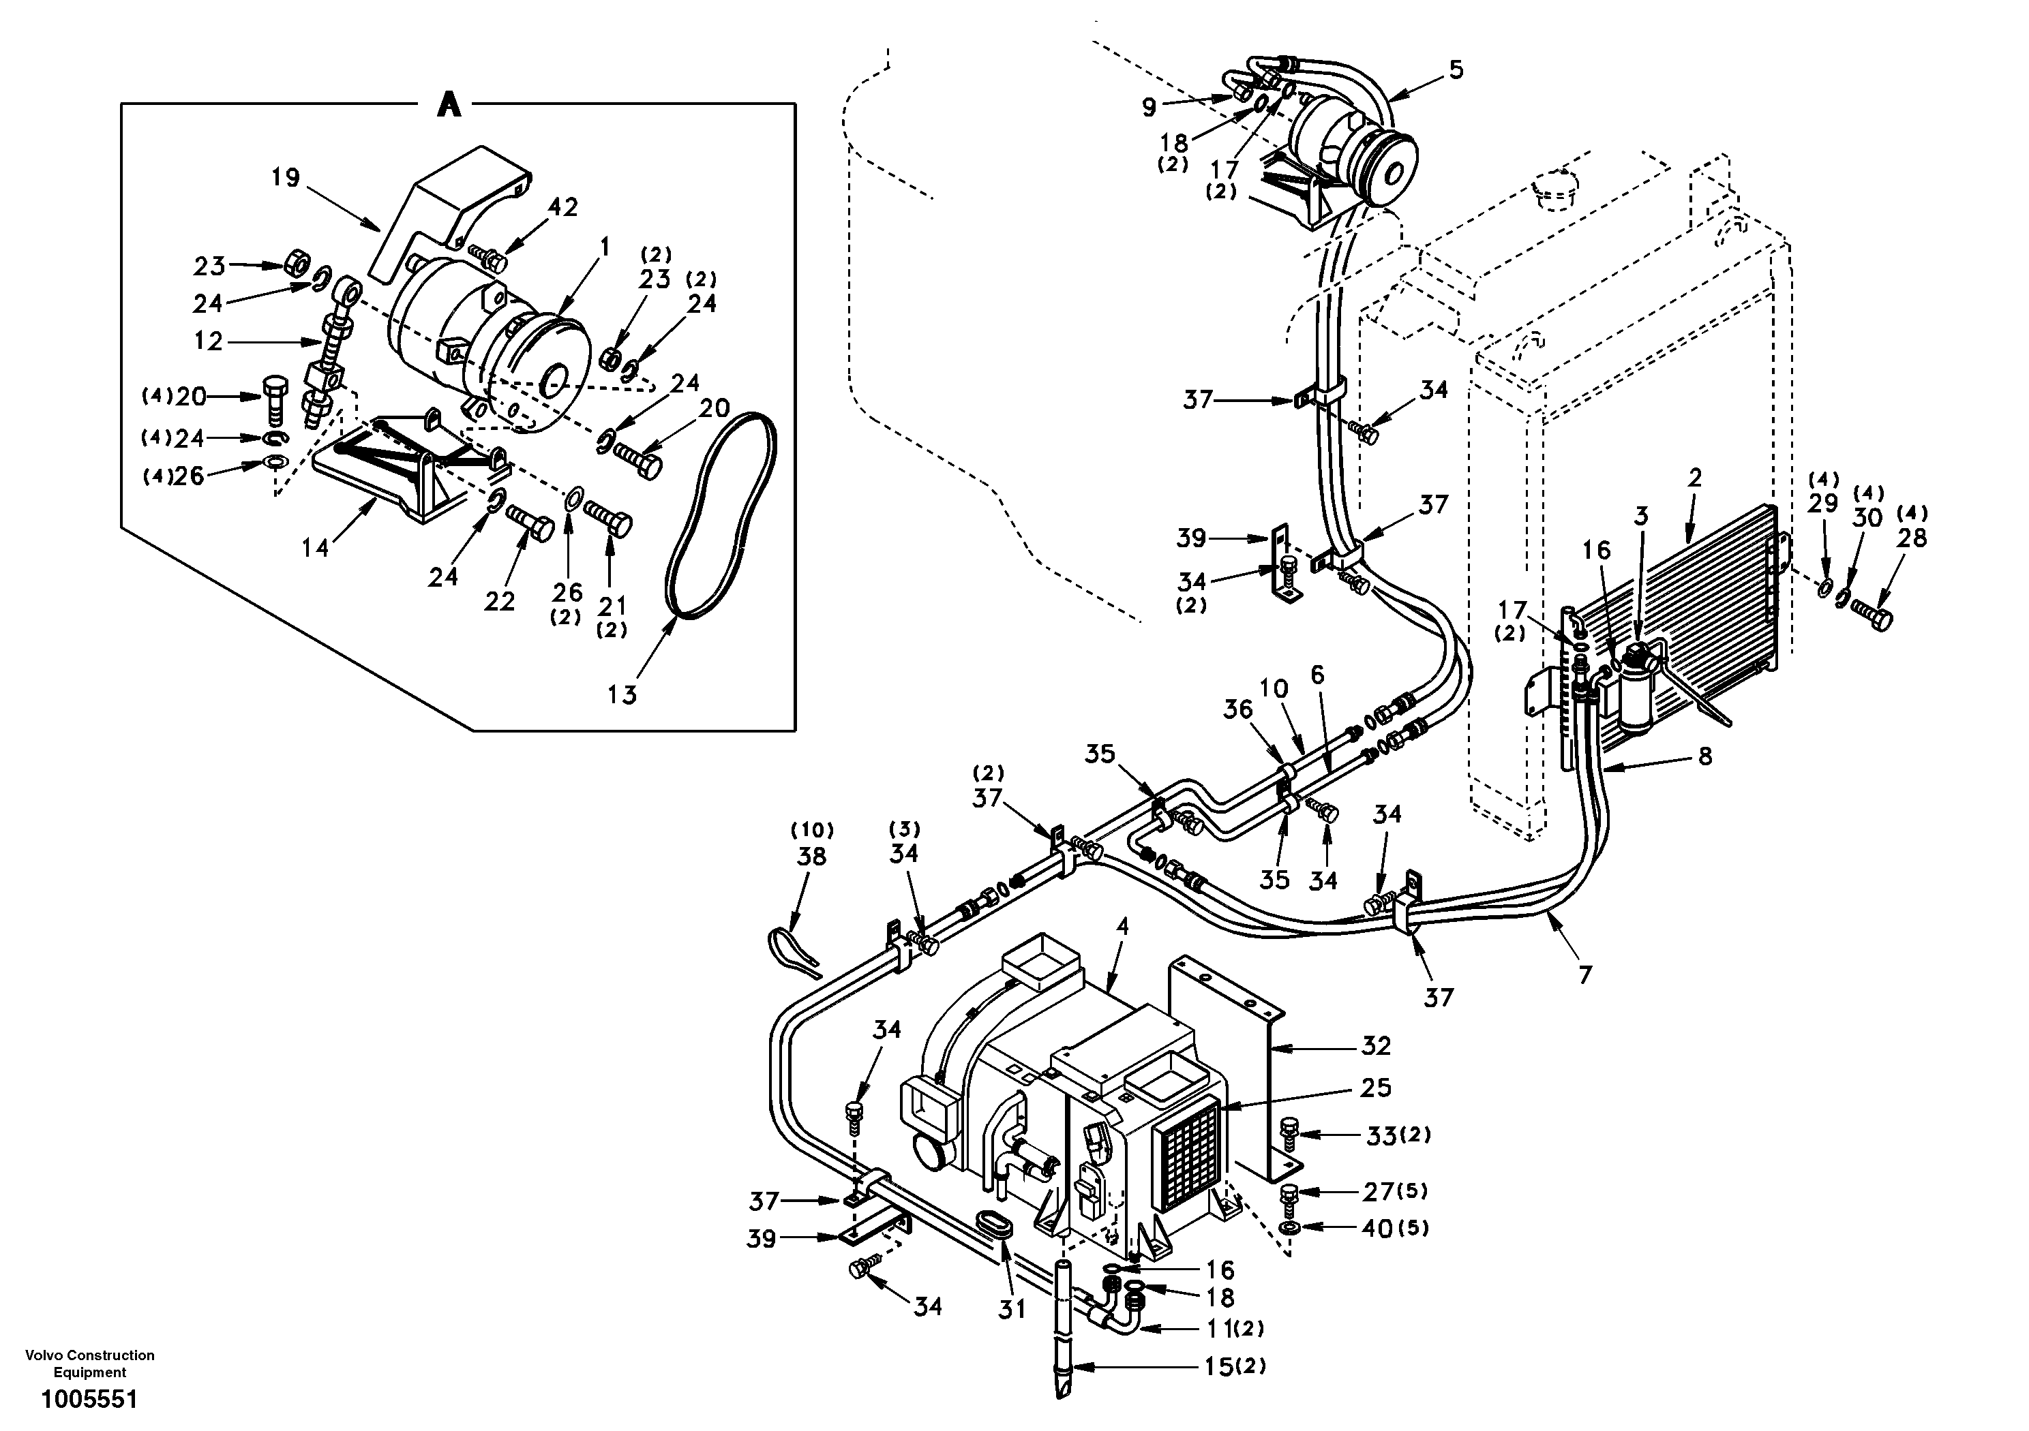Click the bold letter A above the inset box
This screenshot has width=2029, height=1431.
tap(449, 105)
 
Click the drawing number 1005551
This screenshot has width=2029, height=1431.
tap(89, 1400)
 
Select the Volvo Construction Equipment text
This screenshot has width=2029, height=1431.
tap(89, 1364)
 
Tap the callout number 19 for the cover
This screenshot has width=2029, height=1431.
tap(286, 178)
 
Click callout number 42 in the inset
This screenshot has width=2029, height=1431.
tap(563, 206)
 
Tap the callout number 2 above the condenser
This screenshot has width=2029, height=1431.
tap(1694, 478)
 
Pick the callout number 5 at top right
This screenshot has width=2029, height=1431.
tap(1456, 69)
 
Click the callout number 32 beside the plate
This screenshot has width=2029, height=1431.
tap(1376, 1046)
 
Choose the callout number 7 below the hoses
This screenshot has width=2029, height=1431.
tap(1584, 974)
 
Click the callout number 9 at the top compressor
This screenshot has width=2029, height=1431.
tap(1148, 108)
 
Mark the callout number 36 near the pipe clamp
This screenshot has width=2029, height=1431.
tap(1238, 709)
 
